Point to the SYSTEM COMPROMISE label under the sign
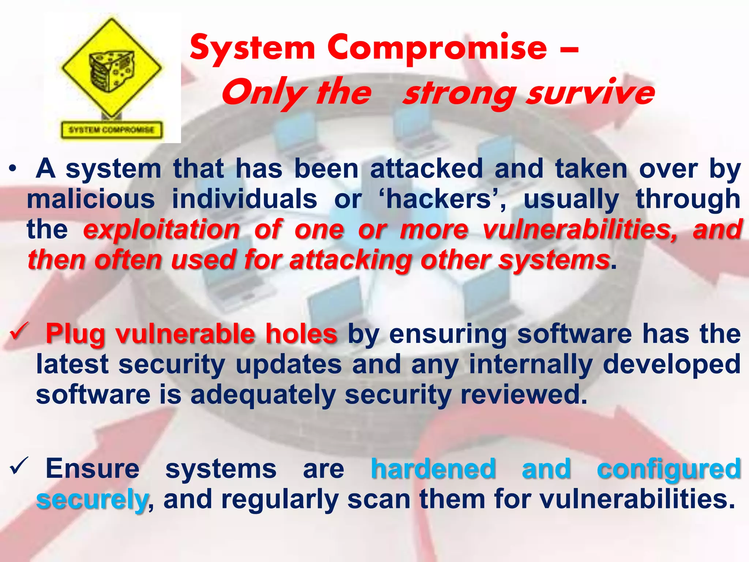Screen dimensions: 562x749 [112, 130]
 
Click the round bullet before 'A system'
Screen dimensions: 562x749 [13, 169]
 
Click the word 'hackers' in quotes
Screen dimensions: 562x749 [439, 199]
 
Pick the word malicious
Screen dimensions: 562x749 [91, 199]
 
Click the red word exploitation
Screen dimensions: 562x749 [161, 229]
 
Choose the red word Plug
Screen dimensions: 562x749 [75, 334]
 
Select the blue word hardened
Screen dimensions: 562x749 [433, 469]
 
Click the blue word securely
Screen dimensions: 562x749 [91, 500]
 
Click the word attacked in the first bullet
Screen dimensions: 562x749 [426, 169]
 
